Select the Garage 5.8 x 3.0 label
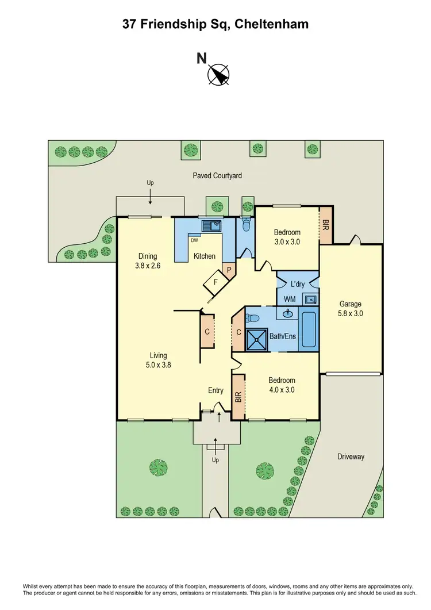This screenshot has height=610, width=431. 351,309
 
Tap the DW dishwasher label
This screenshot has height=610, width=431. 194,241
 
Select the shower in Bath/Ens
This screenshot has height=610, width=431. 256,339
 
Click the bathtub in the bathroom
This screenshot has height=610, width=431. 308,329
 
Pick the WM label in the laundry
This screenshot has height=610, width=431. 290,299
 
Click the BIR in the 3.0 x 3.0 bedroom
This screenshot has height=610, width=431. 325,225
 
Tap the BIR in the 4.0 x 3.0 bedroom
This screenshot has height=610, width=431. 238,397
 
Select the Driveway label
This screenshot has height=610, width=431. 351,456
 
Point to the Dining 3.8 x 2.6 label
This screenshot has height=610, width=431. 147,260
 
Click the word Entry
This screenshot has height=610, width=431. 215,391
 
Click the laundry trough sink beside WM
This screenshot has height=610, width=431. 310,299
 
